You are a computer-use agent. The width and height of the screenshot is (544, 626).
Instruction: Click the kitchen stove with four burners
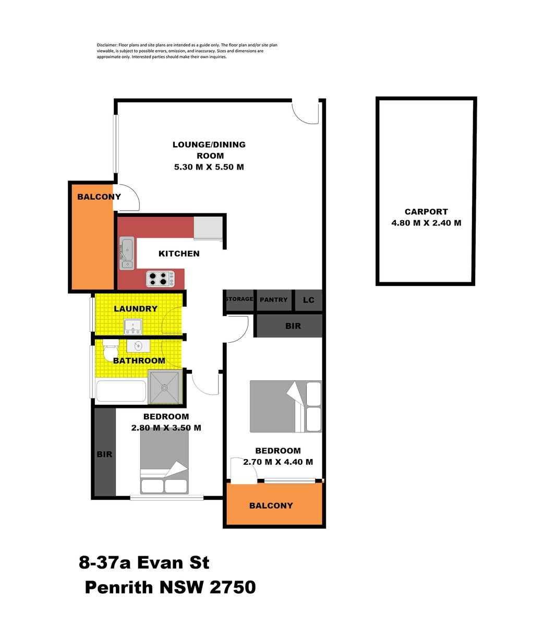pyautogui.click(x=160, y=279)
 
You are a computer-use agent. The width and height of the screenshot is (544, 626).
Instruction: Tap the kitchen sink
pyautogui.click(x=127, y=253)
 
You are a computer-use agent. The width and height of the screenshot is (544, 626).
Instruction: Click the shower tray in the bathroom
pyautogui.click(x=164, y=387)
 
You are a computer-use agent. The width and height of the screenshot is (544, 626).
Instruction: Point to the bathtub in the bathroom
pyautogui.click(x=120, y=391)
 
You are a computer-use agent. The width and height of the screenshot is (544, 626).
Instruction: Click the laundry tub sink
pyautogui.click(x=134, y=327)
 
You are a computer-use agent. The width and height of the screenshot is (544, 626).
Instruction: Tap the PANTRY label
pyautogui.click(x=273, y=300)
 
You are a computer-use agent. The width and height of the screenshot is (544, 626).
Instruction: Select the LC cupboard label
pyautogui.click(x=309, y=300)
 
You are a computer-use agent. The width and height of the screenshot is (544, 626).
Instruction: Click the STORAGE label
pyautogui.click(x=239, y=299)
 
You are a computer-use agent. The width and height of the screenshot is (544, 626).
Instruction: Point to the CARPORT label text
pyautogui.click(x=426, y=212)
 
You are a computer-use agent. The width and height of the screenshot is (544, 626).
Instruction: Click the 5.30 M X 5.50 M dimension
pyautogui.click(x=209, y=167)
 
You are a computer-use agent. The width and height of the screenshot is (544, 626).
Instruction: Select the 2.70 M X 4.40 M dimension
pyautogui.click(x=278, y=462)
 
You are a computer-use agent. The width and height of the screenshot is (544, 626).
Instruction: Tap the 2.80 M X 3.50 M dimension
pyautogui.click(x=166, y=428)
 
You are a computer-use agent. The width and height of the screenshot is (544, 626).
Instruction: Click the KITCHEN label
pyautogui.click(x=179, y=254)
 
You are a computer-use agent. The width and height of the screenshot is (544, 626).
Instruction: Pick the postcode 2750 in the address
pyautogui.click(x=233, y=587)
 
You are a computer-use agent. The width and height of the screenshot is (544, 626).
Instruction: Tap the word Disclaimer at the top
pyautogui.click(x=107, y=45)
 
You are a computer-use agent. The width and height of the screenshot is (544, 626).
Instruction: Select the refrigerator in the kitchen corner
pyautogui.click(x=208, y=228)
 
